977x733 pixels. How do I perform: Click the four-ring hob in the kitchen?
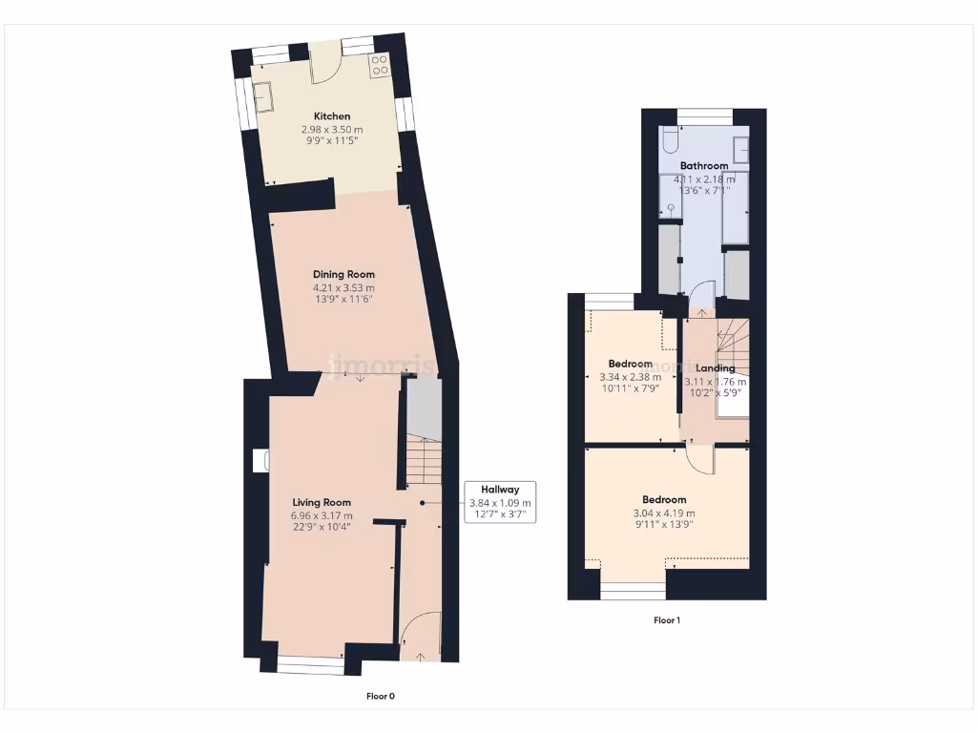point(379,64)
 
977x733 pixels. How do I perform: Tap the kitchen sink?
point(263,95)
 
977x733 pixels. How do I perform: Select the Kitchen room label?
point(332,116)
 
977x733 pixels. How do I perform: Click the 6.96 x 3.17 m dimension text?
point(322,516)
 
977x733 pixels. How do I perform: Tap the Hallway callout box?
point(500,502)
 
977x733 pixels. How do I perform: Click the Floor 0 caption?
point(381,696)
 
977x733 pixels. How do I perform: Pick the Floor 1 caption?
point(667,620)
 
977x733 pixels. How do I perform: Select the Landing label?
point(715,368)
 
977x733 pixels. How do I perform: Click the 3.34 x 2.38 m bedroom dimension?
point(631,377)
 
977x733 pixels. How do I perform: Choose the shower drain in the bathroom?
point(671,206)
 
